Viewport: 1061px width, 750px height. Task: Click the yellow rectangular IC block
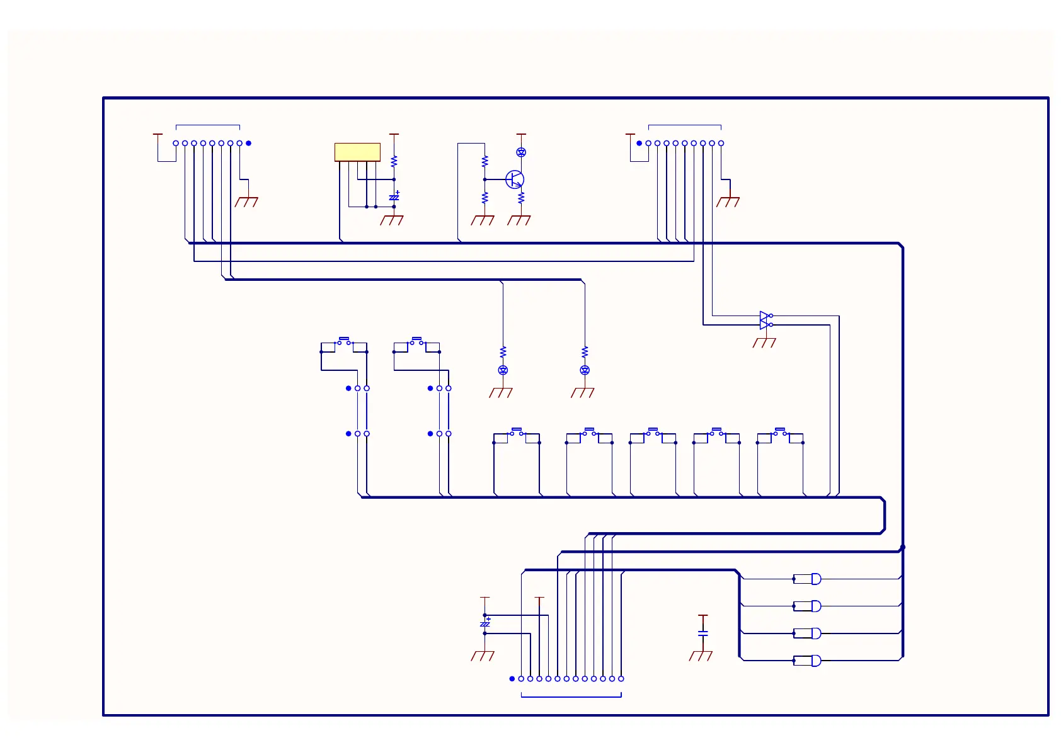[357, 152]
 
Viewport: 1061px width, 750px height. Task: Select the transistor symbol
[515, 179]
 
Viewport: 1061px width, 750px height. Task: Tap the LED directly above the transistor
[521, 152]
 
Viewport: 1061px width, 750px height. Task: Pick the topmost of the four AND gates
[815, 579]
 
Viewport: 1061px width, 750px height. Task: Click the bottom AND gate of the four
[815, 661]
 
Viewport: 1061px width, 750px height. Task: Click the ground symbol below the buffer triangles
[764, 343]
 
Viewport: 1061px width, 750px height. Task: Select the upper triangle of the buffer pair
[764, 315]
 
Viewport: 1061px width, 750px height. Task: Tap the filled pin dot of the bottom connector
[512, 679]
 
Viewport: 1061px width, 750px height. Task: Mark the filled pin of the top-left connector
[248, 144]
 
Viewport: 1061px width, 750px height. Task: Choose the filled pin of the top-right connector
[639, 144]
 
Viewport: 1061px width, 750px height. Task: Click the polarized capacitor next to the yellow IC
[394, 197]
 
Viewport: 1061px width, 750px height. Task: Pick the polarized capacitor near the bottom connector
[485, 624]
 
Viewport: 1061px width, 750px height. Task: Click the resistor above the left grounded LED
[503, 351]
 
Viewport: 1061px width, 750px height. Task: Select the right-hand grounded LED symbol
[585, 370]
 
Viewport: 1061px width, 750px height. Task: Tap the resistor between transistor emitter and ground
[521, 198]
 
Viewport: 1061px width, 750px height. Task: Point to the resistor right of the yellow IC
[394, 161]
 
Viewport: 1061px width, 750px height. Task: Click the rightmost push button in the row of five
[780, 432]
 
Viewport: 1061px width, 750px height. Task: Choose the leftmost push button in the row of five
[517, 432]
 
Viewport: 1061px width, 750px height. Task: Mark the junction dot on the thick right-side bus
[903, 547]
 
